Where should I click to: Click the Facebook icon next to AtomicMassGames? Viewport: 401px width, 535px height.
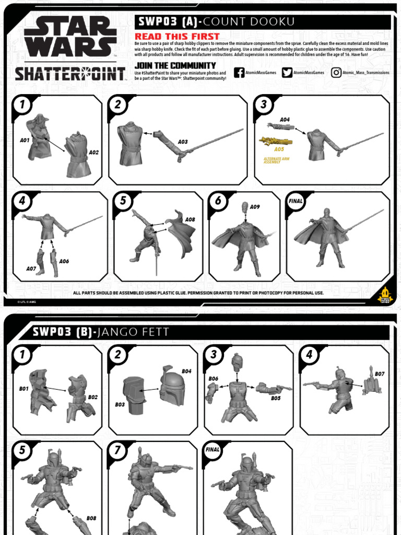pos(239,73)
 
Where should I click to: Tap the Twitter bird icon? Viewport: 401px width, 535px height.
pos(287,73)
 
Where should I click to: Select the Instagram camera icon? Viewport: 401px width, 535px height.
pos(336,73)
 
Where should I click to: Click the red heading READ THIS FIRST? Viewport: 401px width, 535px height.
pos(170,36)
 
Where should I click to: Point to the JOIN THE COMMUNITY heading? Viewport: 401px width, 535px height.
pos(175,65)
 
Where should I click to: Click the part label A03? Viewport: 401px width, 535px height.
pos(183,142)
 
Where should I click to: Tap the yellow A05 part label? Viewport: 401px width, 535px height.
pos(279,149)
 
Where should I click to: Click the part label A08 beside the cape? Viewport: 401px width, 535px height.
pos(190,219)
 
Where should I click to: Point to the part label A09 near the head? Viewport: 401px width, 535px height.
pos(255,207)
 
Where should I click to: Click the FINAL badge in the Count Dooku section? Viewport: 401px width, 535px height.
pos(296,201)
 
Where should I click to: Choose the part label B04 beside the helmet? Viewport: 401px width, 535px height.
pos(186,371)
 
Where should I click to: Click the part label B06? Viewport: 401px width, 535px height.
pos(213,378)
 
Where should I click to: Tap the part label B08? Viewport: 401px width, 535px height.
pos(91,519)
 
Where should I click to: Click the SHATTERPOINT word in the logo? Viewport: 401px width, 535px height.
pos(70,74)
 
